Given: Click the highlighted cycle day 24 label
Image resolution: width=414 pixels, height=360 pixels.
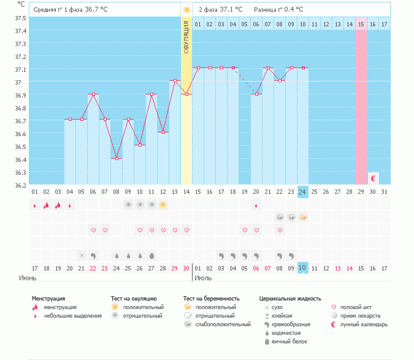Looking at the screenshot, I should pos(302,192).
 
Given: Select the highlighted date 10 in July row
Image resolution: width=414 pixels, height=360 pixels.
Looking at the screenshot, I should pos(302,268).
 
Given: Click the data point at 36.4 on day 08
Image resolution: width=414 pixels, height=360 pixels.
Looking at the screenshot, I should pos(117,158).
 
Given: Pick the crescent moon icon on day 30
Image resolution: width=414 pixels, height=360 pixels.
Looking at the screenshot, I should pos(373,178).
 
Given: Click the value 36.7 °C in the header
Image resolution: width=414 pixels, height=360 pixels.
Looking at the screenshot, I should pos(96,10).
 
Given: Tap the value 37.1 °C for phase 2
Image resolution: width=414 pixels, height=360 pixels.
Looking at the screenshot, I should pos(231,10).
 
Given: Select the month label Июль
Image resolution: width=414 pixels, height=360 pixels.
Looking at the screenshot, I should pos(204,278).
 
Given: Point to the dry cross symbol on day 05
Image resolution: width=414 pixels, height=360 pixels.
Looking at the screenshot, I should pos(82,255).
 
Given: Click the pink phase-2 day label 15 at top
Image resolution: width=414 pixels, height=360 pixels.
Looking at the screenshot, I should pos(361,24).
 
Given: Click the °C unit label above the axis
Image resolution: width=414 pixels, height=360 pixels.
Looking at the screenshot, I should pos(21,4).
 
